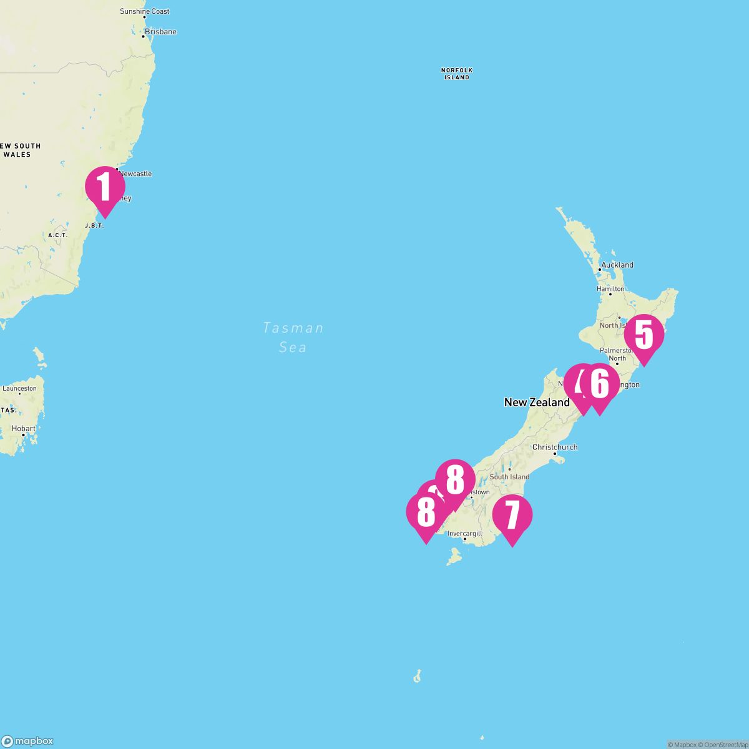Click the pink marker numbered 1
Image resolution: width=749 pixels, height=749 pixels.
[x=105, y=187]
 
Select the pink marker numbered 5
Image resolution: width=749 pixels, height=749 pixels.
[x=644, y=335]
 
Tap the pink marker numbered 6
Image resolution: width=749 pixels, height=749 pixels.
[x=599, y=384]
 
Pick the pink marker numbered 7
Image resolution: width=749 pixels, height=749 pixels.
[x=512, y=516]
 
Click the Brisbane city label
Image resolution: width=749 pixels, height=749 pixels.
[x=160, y=32]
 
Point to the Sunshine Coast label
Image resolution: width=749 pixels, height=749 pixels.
[x=144, y=11]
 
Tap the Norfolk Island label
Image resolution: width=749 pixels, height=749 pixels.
[x=457, y=74]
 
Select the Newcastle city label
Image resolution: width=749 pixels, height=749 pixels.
[x=135, y=174]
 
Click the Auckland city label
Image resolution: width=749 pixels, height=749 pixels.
[x=617, y=265]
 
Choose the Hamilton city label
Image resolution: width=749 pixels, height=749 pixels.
[x=610, y=289]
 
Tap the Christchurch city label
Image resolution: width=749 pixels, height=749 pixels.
[x=555, y=447]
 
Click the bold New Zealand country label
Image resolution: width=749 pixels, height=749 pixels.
[x=537, y=403]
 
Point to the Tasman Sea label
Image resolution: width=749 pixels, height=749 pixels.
[x=293, y=337]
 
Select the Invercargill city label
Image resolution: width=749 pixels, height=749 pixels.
[x=465, y=534]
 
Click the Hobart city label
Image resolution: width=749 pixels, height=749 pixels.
[x=24, y=429]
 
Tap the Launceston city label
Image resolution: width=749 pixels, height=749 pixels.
[x=20, y=388]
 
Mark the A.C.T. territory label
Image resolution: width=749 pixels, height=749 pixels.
[x=57, y=235]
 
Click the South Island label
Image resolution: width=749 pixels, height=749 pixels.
[x=509, y=477]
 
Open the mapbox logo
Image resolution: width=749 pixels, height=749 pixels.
[x=27, y=741]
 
